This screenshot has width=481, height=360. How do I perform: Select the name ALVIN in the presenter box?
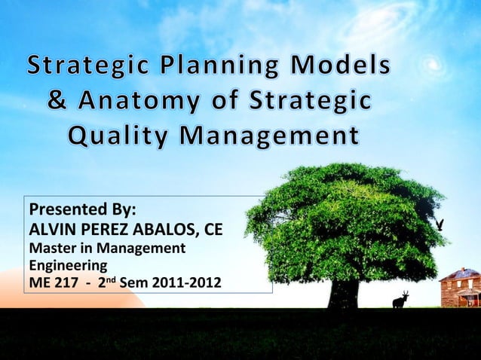(x=50, y=228)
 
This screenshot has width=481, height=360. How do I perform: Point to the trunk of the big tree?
(x=343, y=290)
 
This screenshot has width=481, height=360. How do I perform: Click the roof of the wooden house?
(x=460, y=274)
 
